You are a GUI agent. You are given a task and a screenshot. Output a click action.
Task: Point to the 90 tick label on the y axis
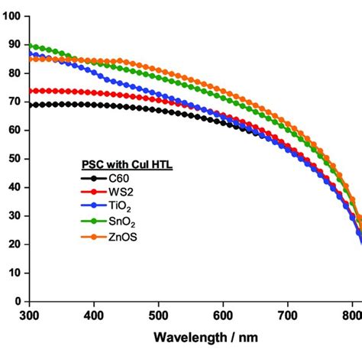click(x=13, y=45)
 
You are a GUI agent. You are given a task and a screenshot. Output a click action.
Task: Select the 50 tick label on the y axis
click(x=13, y=159)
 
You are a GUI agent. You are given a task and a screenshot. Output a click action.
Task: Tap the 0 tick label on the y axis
click(x=16, y=301)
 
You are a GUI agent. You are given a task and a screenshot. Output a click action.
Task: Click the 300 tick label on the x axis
click(x=29, y=314)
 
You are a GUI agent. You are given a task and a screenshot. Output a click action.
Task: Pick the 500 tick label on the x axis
click(x=158, y=314)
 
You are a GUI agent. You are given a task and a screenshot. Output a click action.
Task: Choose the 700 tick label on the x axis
click(x=287, y=314)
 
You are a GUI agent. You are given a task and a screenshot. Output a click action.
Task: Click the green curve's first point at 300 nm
click(x=30, y=46)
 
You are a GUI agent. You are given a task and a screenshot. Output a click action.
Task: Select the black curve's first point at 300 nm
click(x=30, y=105)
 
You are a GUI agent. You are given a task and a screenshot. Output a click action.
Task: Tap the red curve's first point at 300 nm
click(x=30, y=91)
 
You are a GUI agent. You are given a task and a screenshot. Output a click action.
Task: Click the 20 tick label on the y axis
click(x=13, y=244)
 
